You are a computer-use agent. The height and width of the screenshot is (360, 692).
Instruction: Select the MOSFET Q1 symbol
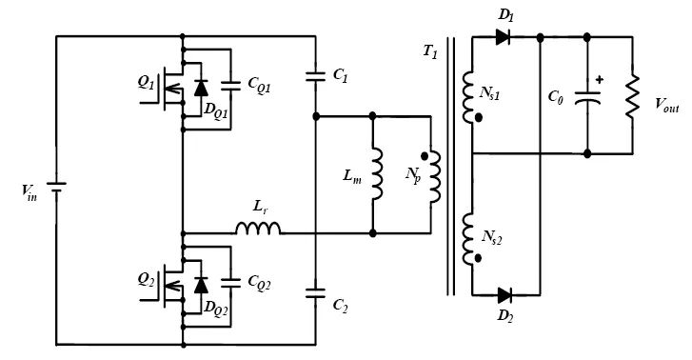[172, 87]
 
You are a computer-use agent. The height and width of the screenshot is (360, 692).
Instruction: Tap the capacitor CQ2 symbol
[228, 283]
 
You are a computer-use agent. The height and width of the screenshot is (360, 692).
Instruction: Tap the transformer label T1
[429, 53]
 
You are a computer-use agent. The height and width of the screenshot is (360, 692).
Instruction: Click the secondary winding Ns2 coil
[468, 238]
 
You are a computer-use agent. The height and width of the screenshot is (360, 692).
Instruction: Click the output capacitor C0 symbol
[587, 96]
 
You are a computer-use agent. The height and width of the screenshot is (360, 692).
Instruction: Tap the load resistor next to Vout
[631, 96]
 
